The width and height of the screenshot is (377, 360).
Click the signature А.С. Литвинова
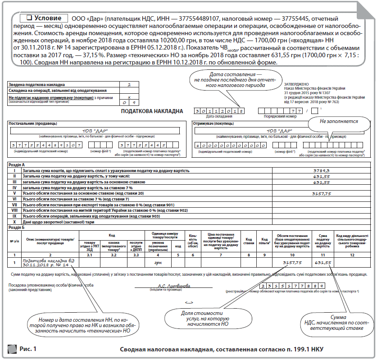pos(174,286)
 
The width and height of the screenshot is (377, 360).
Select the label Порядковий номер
pos(280,116)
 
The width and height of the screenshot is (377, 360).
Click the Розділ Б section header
pos(18,227)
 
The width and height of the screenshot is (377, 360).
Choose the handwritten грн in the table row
pos(158,262)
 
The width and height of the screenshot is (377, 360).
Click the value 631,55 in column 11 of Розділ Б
pos(323,262)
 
